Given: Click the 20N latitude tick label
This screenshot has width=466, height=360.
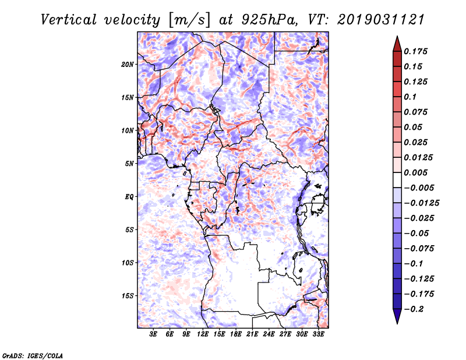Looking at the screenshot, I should (128, 64).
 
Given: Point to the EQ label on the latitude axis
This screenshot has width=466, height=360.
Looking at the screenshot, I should (129, 197).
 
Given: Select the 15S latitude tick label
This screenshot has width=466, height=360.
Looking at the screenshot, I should (128, 296).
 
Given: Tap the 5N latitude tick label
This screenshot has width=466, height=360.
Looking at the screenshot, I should (129, 164).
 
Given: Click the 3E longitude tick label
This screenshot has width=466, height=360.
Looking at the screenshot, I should (153, 335).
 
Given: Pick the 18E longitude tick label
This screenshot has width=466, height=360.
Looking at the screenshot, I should (236, 335).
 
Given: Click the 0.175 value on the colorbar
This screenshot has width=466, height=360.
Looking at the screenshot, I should (416, 51).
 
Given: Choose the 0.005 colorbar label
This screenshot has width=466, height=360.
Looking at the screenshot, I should (416, 172).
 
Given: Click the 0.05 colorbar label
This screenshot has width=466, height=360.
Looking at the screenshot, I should (414, 127).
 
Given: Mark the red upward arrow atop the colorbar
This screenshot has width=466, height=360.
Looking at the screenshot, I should (396, 43).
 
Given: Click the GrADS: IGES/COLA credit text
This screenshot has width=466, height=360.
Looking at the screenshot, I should (32, 354).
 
